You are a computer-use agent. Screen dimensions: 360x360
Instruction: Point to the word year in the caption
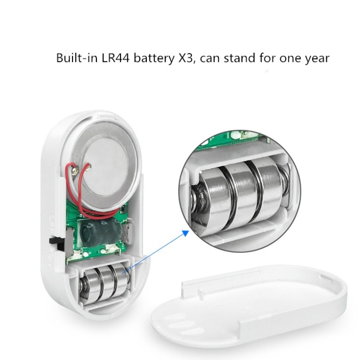tap(317, 59)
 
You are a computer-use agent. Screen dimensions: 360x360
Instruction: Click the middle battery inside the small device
tap(106, 283)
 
